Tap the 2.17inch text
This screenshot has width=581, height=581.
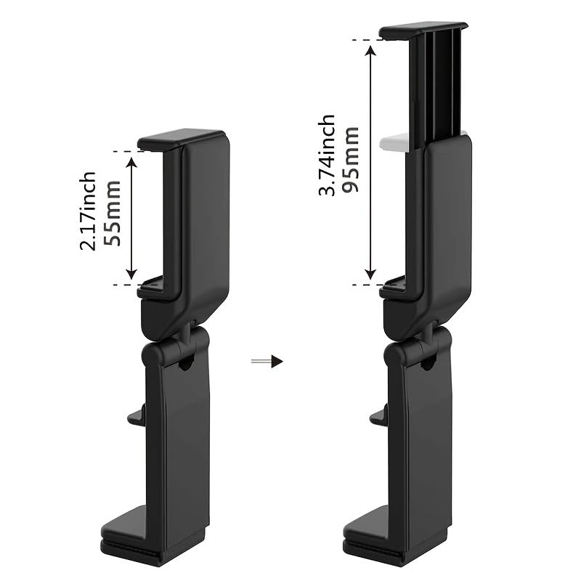point(88,211)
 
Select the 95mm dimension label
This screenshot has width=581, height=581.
point(352,161)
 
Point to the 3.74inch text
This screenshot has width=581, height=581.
point(327,155)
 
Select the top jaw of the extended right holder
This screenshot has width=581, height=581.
point(423,31)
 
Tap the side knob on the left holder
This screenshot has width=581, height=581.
point(136,416)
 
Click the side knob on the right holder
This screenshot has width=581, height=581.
point(378,416)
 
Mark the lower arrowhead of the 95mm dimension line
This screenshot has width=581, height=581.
point(370,274)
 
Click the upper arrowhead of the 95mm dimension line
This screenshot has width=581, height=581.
point(370,49)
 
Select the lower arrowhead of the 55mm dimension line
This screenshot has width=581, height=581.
point(131,274)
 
